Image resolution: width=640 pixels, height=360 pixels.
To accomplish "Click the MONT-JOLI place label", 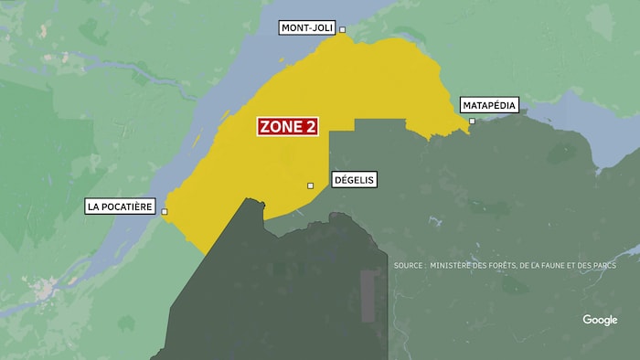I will click(307, 29).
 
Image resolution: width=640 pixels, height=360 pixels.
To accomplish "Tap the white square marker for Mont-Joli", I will click(343, 30).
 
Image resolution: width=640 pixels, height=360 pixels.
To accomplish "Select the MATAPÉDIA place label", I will click(489, 105).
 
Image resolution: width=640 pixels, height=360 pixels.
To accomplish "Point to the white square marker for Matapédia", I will click(473, 122).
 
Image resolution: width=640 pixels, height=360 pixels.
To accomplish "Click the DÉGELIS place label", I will click(353, 180).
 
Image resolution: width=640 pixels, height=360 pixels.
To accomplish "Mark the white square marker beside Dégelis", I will click(311, 185).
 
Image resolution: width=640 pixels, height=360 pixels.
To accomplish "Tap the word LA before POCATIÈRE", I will click(92, 206).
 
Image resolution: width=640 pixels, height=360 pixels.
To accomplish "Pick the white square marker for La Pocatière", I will click(165, 212).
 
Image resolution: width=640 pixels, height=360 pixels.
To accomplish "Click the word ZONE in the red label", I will click(278, 127).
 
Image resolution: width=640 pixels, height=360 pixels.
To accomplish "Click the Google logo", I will click(600, 320).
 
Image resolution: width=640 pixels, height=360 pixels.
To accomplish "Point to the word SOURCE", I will click(408, 266).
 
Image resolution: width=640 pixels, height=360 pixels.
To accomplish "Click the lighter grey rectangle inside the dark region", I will click(369, 297).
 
